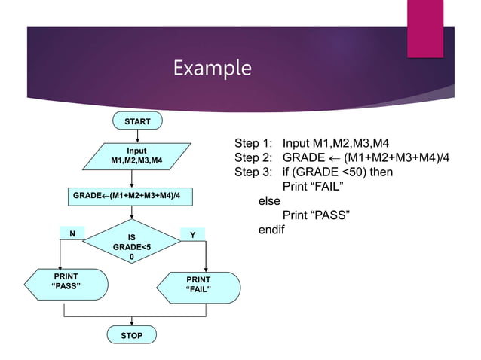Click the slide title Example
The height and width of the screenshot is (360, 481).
click(x=211, y=69)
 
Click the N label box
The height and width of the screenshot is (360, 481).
click(x=72, y=234)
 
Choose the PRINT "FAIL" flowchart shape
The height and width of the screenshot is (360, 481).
click(x=200, y=285)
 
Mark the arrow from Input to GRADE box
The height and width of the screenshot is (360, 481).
click(x=132, y=178)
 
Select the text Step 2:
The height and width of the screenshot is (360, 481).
click(x=256, y=158)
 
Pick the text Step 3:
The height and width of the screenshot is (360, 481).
click(x=256, y=172)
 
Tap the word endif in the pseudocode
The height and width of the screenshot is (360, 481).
click(x=271, y=230)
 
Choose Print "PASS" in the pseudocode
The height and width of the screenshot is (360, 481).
click(x=315, y=215)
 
